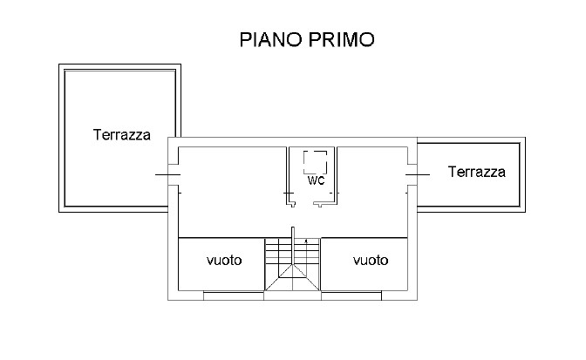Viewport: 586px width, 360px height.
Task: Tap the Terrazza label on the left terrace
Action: point(122,135)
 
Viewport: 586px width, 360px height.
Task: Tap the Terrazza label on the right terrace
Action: point(476,172)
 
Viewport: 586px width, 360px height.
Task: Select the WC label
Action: point(316,180)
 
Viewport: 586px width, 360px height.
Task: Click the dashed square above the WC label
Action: point(315,162)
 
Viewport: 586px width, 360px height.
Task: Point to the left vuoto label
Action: point(223,261)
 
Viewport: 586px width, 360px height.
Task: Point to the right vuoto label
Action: point(370,261)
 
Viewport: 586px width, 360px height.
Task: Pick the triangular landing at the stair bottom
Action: point(292,282)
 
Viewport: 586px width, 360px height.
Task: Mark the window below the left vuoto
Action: point(234,296)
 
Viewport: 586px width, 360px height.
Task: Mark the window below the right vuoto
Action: point(351,296)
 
